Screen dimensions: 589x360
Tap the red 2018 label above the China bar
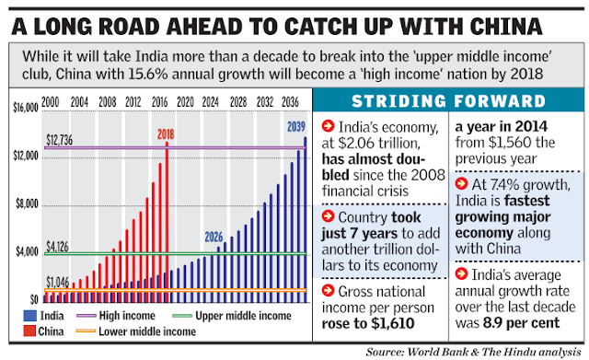click(166, 134)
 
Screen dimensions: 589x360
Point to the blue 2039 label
click(296, 127)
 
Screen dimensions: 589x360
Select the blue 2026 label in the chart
click(214, 237)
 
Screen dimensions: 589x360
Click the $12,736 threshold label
click(59, 140)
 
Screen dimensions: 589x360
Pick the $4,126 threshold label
click(57, 247)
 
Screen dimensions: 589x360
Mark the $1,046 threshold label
click(57, 282)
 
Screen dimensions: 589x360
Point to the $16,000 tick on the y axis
click(26, 108)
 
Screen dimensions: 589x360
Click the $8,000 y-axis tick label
click(27, 203)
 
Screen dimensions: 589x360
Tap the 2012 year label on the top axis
click(133, 102)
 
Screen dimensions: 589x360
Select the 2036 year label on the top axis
click(290, 102)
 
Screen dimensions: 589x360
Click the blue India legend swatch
click(29, 315)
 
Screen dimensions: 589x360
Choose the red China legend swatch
click(29, 331)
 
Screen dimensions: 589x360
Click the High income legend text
click(127, 315)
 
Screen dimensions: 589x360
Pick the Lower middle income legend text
click(147, 331)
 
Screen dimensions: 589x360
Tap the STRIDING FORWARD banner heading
click(448, 101)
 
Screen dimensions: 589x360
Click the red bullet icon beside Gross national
click(328, 290)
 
